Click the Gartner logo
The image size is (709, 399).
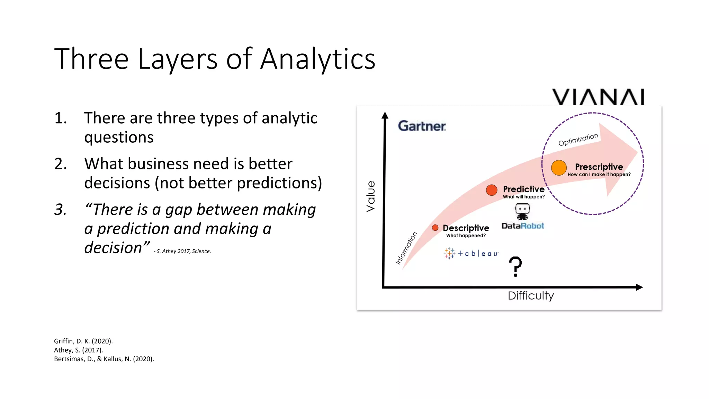(x=422, y=126)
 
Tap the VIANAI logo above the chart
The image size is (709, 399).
(x=598, y=97)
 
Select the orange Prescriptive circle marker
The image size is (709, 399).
(x=559, y=168)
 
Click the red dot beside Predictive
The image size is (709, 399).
(x=492, y=190)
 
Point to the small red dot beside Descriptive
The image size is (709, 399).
(x=435, y=228)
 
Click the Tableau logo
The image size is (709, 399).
(x=471, y=254)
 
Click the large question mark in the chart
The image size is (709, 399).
(x=515, y=266)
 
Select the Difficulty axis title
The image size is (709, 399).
(x=531, y=296)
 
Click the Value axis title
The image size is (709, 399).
(x=370, y=196)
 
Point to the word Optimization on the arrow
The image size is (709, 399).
(x=578, y=139)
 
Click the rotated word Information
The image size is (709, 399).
(x=406, y=248)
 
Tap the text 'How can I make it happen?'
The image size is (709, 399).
(x=599, y=175)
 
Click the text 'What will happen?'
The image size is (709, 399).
(x=524, y=197)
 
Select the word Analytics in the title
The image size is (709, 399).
(x=318, y=59)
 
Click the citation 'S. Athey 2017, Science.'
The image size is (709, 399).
(x=183, y=251)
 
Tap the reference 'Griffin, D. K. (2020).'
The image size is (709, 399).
(x=83, y=341)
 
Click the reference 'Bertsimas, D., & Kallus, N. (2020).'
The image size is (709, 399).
(x=104, y=359)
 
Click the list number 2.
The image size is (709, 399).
(x=61, y=164)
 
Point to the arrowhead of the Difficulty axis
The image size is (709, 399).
(x=640, y=287)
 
